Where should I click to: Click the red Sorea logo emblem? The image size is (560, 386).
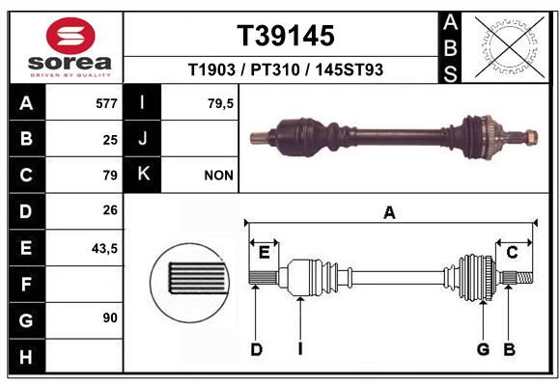70,36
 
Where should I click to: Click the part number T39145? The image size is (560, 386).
286,36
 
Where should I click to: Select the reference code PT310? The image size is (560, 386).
274,69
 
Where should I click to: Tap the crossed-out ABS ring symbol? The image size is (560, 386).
511,46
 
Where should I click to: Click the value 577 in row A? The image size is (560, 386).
106,103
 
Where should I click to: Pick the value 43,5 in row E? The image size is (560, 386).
104,248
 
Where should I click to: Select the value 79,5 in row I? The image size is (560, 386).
220,103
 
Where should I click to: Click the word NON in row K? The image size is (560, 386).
218,176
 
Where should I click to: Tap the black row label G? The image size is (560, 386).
27,320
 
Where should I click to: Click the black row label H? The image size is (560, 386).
27,356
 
